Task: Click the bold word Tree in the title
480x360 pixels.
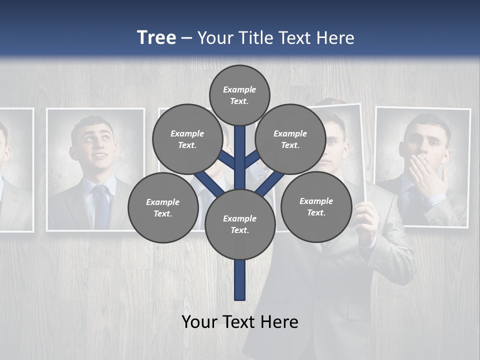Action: click(156, 37)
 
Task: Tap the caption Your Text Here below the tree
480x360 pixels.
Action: click(240, 322)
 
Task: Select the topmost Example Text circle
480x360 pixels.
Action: click(239, 95)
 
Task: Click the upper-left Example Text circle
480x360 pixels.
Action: click(187, 139)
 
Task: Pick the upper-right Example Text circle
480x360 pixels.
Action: click(290, 139)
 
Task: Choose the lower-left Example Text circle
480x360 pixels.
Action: click(162, 207)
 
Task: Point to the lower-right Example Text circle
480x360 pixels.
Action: click(316, 206)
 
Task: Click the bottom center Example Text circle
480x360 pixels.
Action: click(240, 224)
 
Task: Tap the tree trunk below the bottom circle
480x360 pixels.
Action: click(240, 280)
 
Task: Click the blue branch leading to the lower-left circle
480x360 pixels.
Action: click(208, 182)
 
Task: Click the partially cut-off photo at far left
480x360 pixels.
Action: click(15, 170)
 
